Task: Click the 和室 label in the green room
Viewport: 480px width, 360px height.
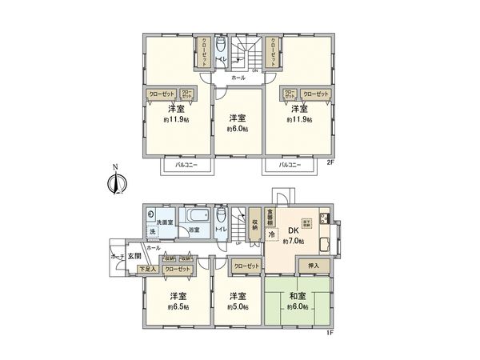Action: [298, 296]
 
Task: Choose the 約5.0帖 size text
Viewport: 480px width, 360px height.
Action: [238, 307]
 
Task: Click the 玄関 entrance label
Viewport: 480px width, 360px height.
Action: [133, 256]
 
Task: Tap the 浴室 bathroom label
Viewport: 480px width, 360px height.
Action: [194, 230]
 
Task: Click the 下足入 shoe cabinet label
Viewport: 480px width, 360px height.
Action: [147, 270]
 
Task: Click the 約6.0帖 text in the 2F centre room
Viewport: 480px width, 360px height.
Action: [238, 128]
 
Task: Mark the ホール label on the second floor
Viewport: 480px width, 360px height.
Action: [238, 78]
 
